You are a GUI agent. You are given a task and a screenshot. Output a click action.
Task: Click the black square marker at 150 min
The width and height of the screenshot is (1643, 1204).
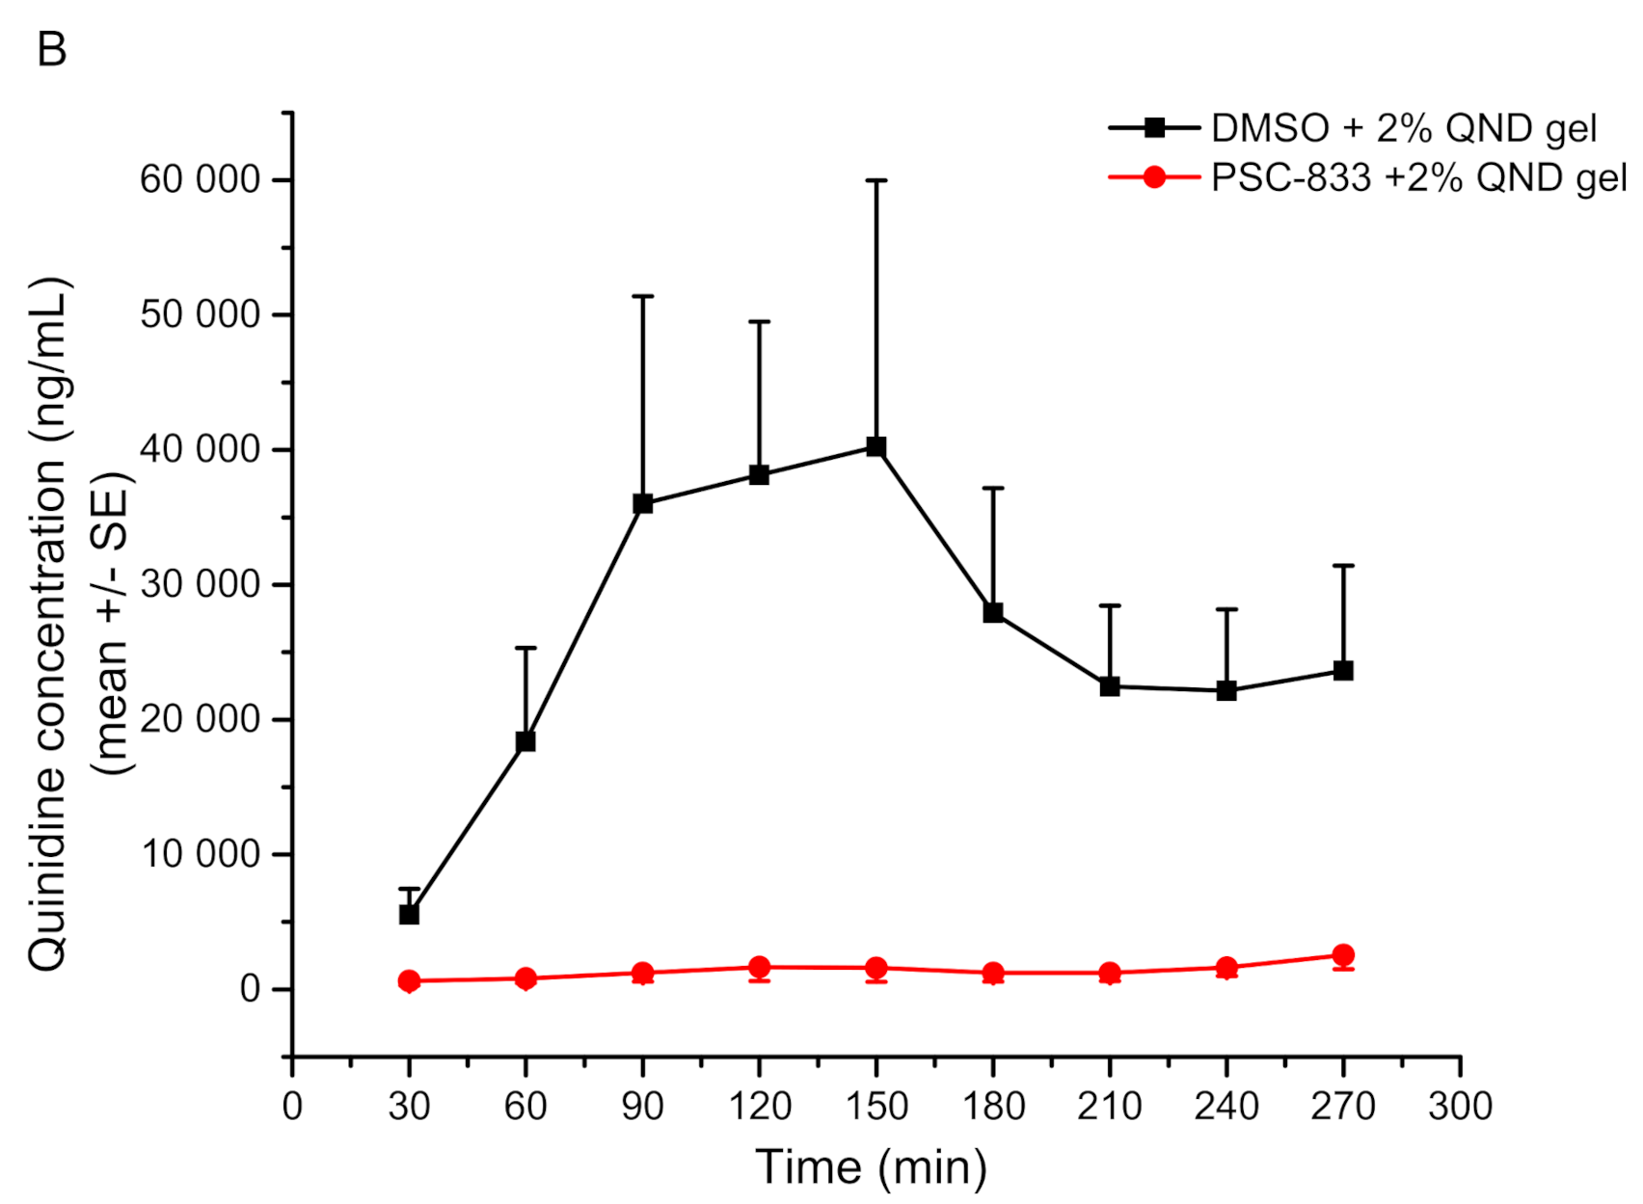click(875, 446)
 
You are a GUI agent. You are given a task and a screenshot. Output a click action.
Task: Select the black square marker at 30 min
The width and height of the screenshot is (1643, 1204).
click(409, 914)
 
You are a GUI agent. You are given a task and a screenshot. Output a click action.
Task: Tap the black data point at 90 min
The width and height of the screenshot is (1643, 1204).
click(643, 503)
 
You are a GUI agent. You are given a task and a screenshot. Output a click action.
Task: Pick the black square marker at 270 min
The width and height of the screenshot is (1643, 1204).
click(1343, 670)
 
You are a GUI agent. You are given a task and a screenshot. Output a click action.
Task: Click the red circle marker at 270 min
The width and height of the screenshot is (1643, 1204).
click(1343, 955)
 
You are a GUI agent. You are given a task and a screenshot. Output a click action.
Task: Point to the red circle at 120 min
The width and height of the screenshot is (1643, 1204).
click(759, 967)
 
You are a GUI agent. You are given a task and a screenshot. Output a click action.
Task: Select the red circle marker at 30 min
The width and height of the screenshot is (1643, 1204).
click(409, 981)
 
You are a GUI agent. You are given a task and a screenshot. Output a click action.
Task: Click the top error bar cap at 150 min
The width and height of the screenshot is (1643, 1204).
click(875, 180)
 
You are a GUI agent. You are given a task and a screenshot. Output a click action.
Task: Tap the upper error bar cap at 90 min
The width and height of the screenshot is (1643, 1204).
click(643, 296)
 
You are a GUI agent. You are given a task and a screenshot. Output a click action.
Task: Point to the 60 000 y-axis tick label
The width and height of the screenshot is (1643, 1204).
click(200, 180)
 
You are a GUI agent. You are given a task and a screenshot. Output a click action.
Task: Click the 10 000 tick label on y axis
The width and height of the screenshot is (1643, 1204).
click(200, 854)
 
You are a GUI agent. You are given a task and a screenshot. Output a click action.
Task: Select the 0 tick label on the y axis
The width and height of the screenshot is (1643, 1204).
click(251, 989)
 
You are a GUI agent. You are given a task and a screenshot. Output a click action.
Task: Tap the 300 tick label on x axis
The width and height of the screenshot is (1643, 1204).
click(1460, 1107)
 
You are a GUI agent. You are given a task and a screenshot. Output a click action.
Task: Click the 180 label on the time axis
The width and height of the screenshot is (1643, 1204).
click(993, 1107)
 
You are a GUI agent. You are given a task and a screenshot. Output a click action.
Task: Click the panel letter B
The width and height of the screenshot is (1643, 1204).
click(52, 49)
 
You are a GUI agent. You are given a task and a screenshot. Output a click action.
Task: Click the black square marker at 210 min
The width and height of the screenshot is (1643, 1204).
click(1110, 686)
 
